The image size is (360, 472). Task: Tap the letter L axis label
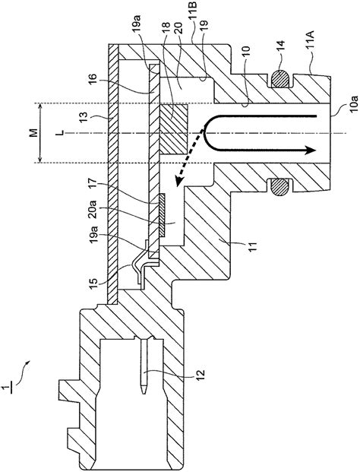62,132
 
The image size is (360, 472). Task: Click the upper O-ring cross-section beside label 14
282,78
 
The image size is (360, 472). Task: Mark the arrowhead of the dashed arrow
178,182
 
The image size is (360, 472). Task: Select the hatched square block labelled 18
173,128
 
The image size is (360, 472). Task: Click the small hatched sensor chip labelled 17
163,214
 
